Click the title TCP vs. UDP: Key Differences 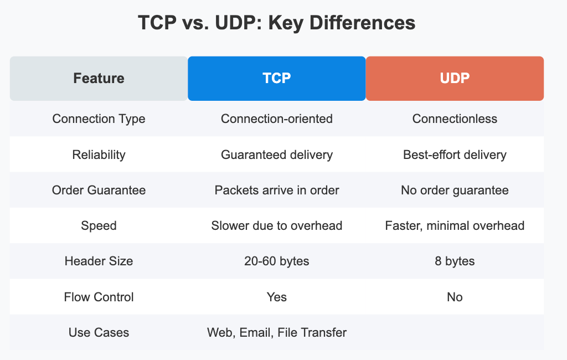(276, 23)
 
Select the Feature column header (99, 78)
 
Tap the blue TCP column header (276, 78)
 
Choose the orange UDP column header (455, 78)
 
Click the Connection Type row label (99, 119)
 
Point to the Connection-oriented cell (276, 119)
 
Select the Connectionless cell (455, 119)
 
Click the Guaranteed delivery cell (276, 155)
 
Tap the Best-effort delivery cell (455, 155)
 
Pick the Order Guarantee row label (99, 190)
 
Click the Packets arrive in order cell (276, 190)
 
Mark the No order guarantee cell (455, 190)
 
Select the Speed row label (99, 225)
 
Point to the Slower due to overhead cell (276, 225)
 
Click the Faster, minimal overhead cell (455, 225)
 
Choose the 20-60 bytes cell (276, 261)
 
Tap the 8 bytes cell (455, 261)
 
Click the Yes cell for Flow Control (276, 297)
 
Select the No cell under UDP (455, 297)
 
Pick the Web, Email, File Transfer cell (276, 332)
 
